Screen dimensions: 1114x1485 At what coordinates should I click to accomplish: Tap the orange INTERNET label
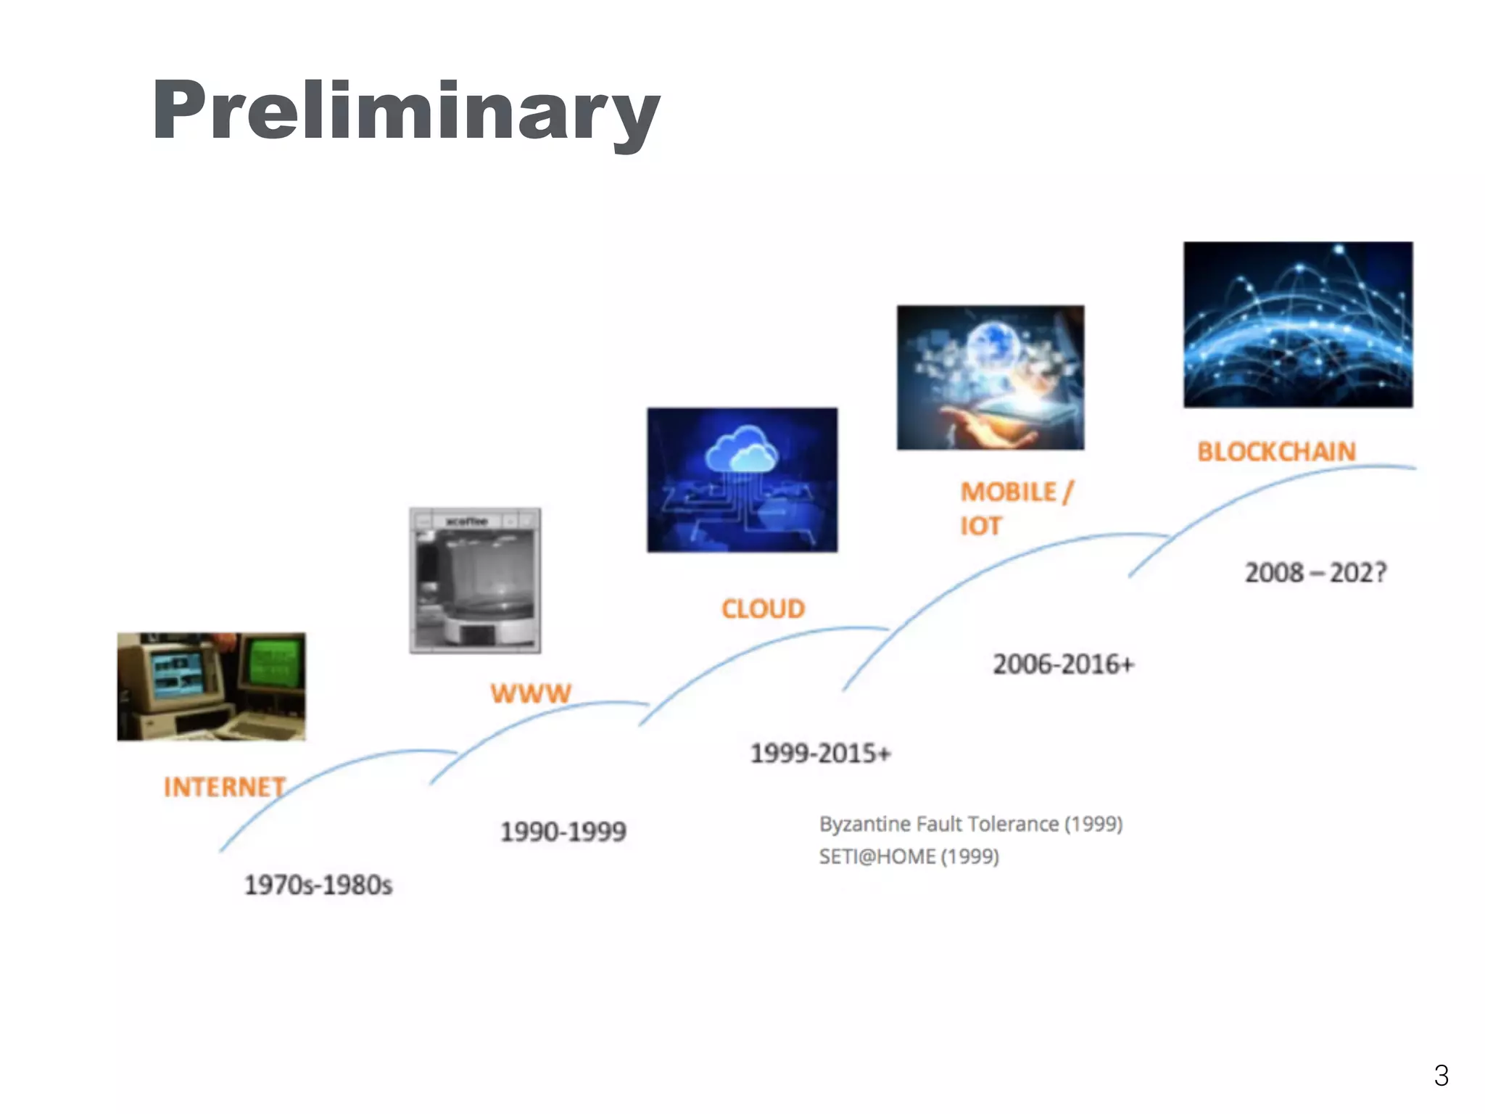click(x=225, y=787)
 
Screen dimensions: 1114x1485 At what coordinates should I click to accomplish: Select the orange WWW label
click(x=531, y=693)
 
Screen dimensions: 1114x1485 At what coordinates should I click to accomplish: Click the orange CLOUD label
click(x=763, y=608)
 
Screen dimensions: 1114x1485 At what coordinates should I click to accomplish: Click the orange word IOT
click(x=980, y=526)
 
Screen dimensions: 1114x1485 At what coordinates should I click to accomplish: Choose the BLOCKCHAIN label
click(x=1276, y=452)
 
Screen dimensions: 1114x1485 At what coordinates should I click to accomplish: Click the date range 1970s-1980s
click(x=318, y=885)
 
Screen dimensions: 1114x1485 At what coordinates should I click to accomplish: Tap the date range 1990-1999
click(x=563, y=831)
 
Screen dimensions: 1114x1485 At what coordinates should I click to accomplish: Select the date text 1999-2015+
click(x=820, y=754)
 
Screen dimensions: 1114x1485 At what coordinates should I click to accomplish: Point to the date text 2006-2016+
click(x=1063, y=664)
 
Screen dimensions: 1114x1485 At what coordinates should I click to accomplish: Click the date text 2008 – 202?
click(x=1315, y=573)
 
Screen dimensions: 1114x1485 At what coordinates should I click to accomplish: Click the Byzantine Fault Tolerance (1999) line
click(x=971, y=824)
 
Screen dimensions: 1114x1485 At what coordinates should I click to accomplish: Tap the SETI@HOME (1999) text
click(x=909, y=857)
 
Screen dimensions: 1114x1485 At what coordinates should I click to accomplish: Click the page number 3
click(x=1441, y=1075)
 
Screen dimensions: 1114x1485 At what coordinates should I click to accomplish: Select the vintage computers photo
click(x=211, y=686)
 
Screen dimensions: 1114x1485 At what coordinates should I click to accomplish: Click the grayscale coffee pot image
click(x=475, y=580)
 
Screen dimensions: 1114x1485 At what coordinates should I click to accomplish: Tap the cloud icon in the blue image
click(x=742, y=450)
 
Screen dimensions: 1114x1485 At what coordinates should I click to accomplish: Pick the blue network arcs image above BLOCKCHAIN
click(x=1298, y=324)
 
